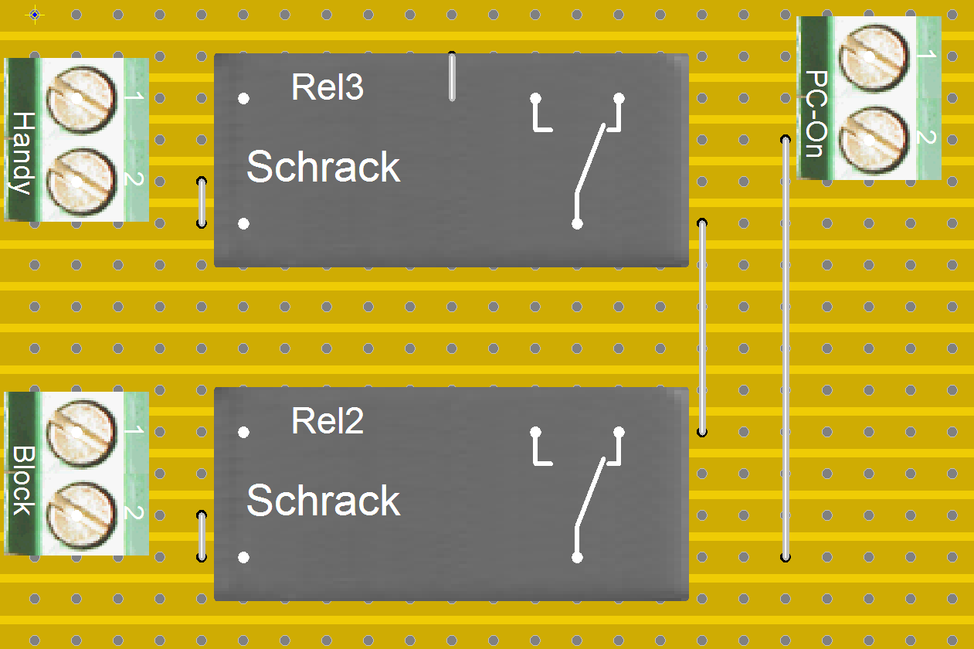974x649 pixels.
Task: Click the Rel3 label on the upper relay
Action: point(327,87)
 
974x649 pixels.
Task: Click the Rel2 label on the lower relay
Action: point(327,420)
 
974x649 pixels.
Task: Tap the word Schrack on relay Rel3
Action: point(323,167)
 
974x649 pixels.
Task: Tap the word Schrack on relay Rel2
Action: point(323,500)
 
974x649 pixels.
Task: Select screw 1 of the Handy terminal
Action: point(81,100)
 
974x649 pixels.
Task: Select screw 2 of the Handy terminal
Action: point(81,182)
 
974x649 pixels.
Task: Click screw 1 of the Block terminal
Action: point(81,433)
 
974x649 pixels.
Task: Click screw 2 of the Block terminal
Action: point(81,516)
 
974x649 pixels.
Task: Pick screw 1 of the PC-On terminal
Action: point(874,58)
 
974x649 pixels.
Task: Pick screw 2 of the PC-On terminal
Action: point(874,141)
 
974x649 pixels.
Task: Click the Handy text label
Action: point(22,153)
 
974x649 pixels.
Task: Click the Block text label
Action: point(22,481)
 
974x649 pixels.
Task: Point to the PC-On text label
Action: point(816,114)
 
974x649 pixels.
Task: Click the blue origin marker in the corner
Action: point(35,15)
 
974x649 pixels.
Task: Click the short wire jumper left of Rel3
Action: point(202,202)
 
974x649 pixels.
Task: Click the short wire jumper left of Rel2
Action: point(202,536)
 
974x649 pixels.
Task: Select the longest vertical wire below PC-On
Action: point(786,348)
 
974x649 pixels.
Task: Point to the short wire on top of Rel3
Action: point(452,76)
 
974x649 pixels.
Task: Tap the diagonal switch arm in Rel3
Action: point(590,158)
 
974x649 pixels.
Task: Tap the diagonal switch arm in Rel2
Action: point(590,492)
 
